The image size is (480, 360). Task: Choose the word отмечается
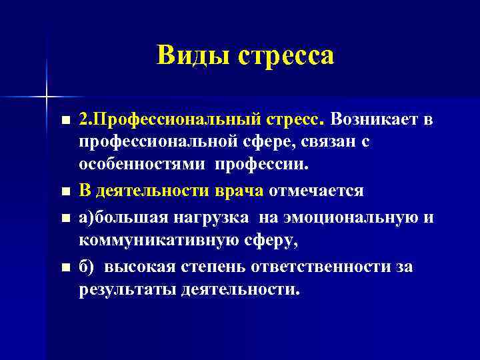click(316, 191)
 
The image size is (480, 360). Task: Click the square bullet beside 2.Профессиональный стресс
click(64, 121)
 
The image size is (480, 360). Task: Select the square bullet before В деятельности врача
click(64, 191)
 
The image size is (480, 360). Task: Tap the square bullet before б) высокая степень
click(64, 267)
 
